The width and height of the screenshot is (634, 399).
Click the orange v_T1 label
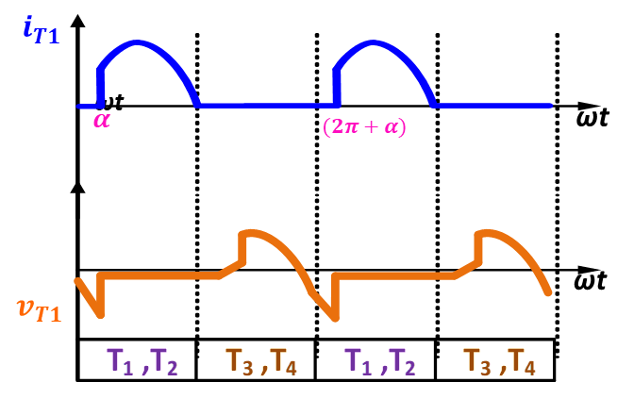(x=39, y=309)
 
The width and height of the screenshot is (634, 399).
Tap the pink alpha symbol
(x=102, y=120)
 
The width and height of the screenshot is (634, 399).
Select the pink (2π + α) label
(x=364, y=126)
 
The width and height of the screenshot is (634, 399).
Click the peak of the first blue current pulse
(x=138, y=42)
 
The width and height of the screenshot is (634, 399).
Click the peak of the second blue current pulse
(x=374, y=42)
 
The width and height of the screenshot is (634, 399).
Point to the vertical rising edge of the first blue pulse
(x=99, y=87)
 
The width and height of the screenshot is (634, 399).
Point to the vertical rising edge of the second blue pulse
(x=335, y=87)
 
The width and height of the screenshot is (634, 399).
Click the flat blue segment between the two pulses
(x=264, y=105)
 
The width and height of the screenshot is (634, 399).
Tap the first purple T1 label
(x=120, y=361)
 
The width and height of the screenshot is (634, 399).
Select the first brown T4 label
(x=284, y=361)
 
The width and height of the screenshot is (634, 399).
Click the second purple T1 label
(x=358, y=361)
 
